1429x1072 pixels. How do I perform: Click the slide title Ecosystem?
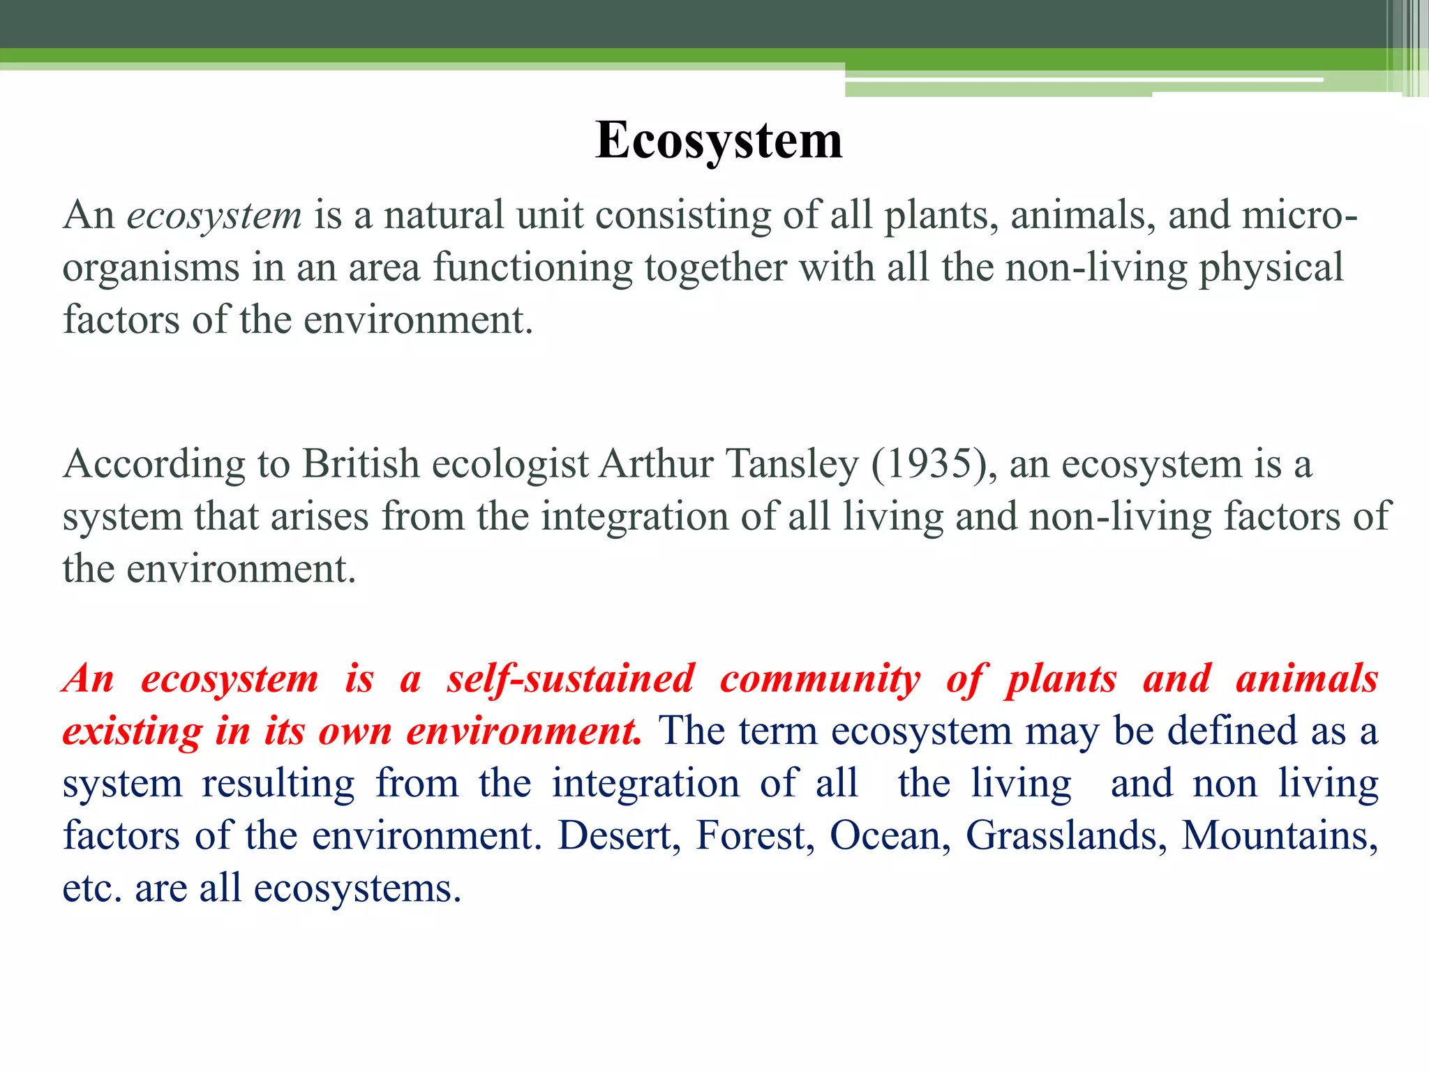pyautogui.click(x=719, y=140)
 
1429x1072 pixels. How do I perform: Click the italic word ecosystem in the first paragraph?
pyautogui.click(x=214, y=216)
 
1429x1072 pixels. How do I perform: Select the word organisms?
pyautogui.click(x=151, y=269)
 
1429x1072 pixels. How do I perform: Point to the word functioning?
pyautogui.click(x=532, y=269)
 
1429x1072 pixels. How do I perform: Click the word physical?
pyautogui.click(x=1271, y=269)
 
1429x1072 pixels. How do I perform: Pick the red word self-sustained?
pyautogui.click(x=571, y=679)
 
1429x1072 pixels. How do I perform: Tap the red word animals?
pyautogui.click(x=1307, y=679)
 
